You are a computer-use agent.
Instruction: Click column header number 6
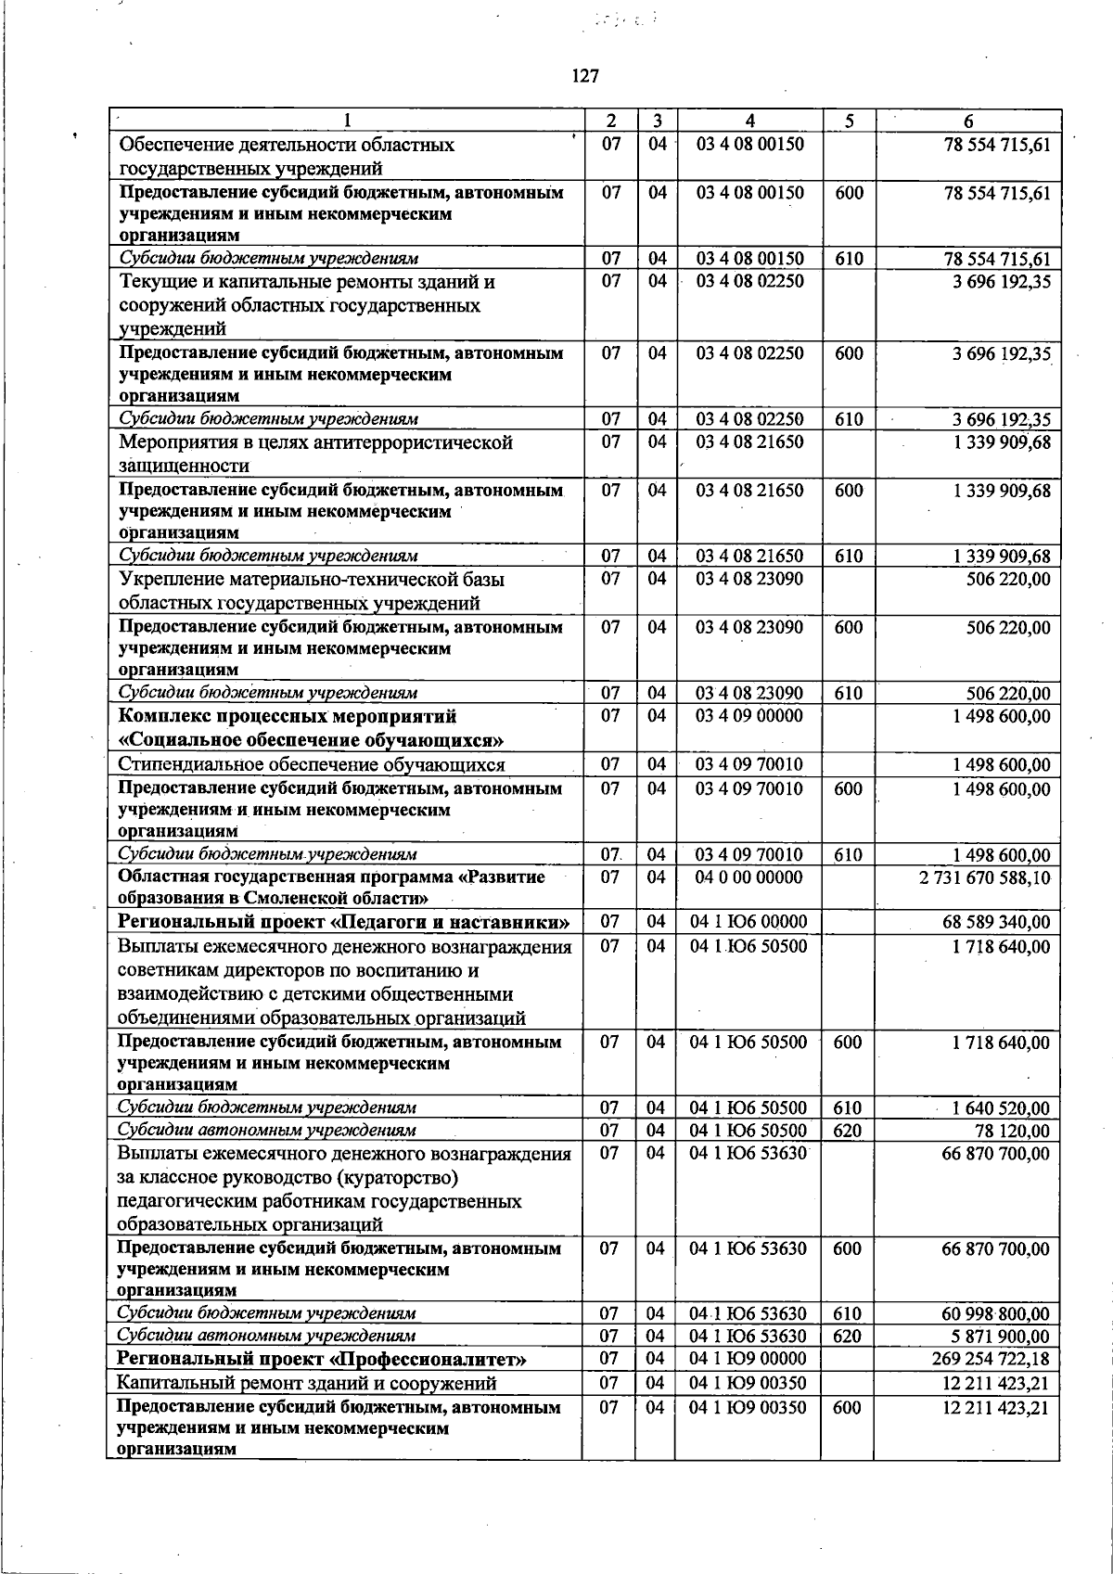click(x=967, y=122)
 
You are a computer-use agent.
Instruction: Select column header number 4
click(x=749, y=122)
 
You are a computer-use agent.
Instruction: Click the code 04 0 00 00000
click(x=749, y=877)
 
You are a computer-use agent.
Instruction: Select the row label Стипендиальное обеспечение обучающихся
click(x=312, y=765)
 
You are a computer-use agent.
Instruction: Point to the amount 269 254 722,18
click(x=991, y=1360)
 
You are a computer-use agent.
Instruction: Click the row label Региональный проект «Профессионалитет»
click(x=322, y=1360)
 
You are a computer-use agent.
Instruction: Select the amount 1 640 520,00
click(x=1002, y=1108)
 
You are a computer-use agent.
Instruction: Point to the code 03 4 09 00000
click(x=749, y=716)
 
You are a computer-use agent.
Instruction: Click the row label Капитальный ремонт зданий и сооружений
click(x=307, y=1384)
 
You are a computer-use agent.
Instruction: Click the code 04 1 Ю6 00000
click(x=749, y=922)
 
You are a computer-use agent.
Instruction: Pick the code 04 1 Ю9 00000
click(x=749, y=1360)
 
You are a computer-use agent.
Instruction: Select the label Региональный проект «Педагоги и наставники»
click(x=343, y=922)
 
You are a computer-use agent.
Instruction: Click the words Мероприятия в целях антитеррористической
click(x=316, y=443)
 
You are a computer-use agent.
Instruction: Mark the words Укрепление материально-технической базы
click(x=313, y=580)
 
